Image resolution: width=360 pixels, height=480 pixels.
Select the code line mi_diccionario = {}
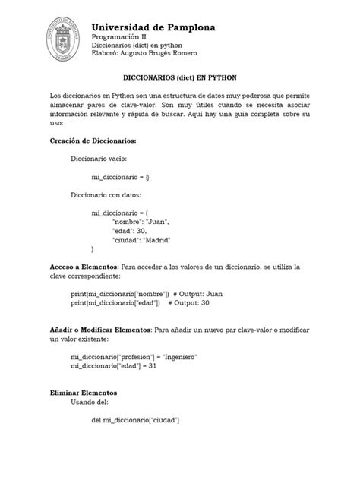[121, 176]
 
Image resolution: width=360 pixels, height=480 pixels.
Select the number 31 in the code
[153, 365]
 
